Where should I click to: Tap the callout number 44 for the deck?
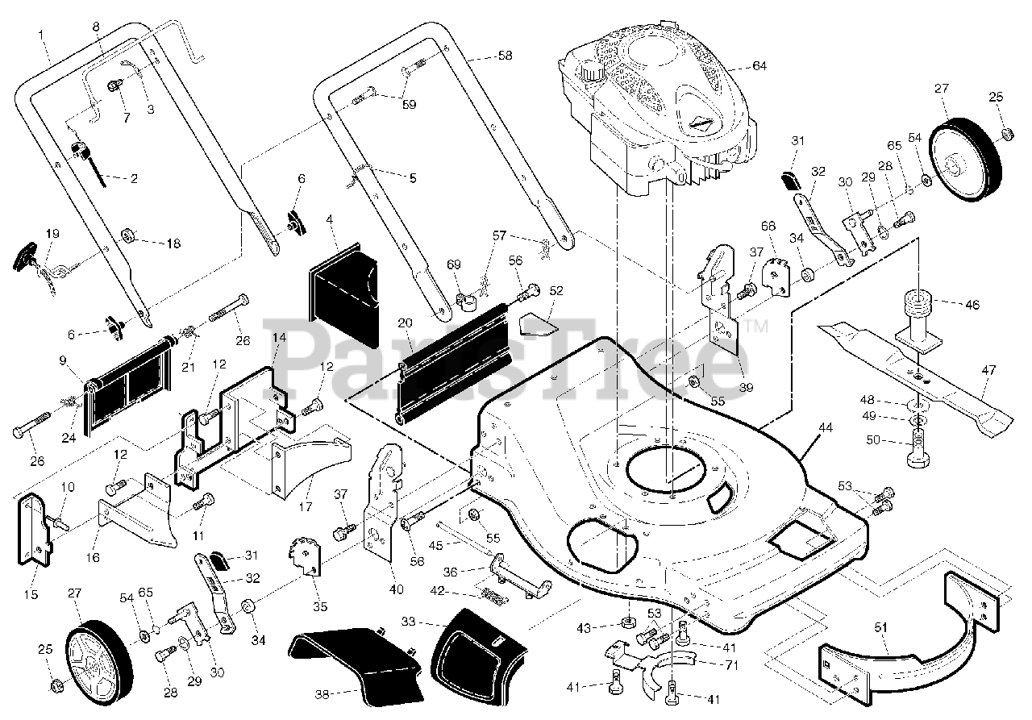[825, 428]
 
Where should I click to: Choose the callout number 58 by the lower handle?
[505, 56]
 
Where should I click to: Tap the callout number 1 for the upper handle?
[41, 35]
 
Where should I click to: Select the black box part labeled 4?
[344, 295]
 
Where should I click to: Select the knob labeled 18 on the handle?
[128, 237]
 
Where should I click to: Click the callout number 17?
[306, 506]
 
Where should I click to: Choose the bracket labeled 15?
[35, 530]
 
